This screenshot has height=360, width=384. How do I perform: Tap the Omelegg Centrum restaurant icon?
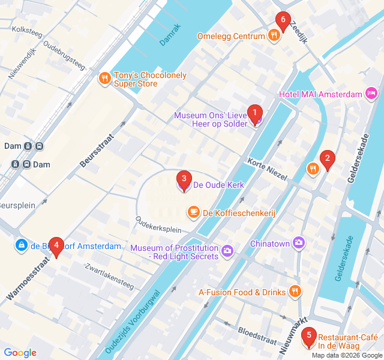(274, 36)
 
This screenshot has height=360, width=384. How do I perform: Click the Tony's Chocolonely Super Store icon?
(105, 77)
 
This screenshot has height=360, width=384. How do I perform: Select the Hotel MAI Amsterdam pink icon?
(371, 94)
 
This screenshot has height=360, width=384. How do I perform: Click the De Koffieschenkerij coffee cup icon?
(193, 212)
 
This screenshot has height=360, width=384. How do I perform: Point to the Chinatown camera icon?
(299, 242)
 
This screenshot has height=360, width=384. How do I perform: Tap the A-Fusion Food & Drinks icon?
(295, 292)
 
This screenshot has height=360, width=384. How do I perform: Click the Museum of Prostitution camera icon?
(227, 250)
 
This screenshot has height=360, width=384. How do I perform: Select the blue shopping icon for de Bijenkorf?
(21, 245)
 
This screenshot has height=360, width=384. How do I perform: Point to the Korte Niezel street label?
(267, 169)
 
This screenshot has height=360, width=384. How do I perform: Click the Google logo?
(20, 353)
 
